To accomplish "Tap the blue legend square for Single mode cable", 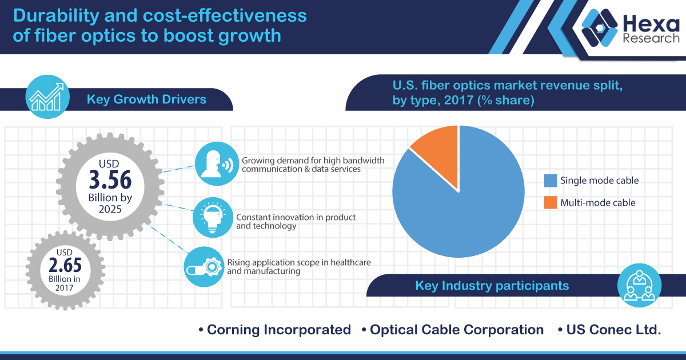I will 550,181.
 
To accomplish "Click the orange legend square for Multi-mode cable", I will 550,202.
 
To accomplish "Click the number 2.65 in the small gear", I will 65,266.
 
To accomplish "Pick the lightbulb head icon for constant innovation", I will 213,217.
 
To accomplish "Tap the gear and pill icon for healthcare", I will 204,266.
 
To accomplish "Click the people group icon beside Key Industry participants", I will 640,286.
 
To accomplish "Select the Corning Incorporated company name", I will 278,330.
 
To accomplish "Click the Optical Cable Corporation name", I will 456,330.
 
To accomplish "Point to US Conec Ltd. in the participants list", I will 613,330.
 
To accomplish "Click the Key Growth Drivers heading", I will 146,99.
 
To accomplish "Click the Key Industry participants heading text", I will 492,285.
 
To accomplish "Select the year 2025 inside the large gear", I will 110,210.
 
